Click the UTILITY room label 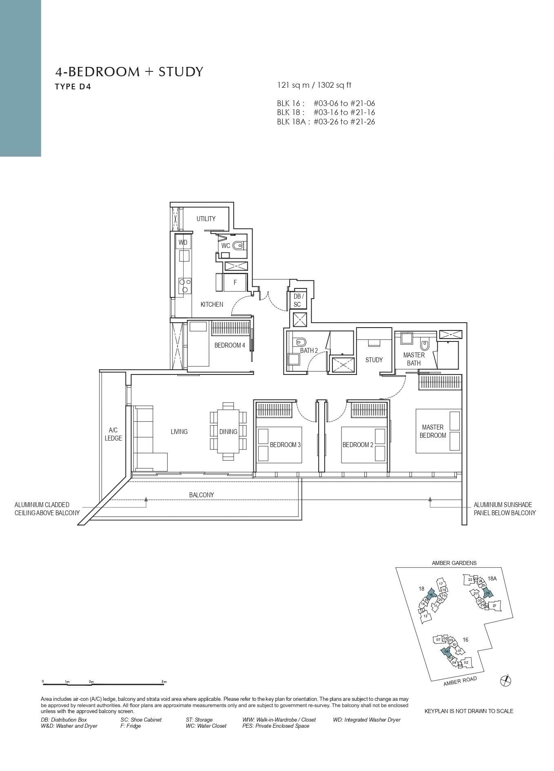point(206,219)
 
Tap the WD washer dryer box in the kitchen point(183,242)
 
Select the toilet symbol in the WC point(238,246)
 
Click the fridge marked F point(235,282)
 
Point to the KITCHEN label point(212,304)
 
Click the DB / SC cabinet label point(297,301)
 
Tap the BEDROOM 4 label point(230,345)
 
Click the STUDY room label point(374,360)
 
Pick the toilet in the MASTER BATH point(425,345)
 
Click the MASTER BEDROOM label point(433,431)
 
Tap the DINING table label point(228,432)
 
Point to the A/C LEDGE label point(113,434)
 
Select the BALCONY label point(202,495)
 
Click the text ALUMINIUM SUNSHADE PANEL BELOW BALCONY point(504,509)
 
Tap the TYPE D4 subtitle point(73,86)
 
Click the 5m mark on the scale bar point(164,682)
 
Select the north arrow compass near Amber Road point(505,680)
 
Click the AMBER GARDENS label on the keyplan point(454,563)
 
